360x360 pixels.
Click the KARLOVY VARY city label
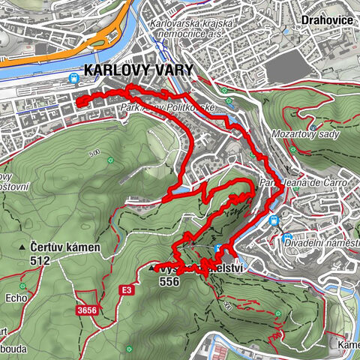(x=139, y=70)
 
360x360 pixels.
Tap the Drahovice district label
(x=327, y=19)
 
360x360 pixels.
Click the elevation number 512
(x=40, y=261)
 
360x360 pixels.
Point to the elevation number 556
(x=170, y=281)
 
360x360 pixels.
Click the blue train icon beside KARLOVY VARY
(x=74, y=77)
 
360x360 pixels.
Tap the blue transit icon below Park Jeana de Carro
(x=275, y=220)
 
